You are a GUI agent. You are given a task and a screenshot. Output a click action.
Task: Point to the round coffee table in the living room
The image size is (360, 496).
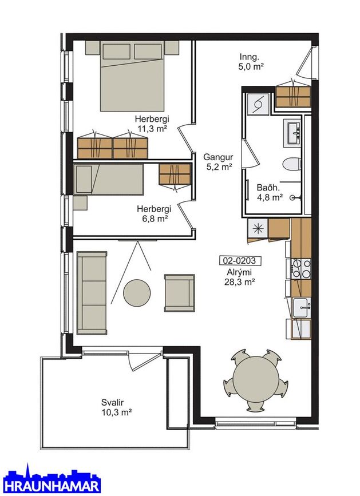[137, 292]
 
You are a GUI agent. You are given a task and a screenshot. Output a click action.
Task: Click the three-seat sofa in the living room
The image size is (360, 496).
[92, 293]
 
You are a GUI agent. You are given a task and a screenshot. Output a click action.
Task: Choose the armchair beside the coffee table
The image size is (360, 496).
[179, 293]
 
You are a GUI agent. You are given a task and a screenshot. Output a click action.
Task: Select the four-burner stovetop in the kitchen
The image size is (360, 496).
[302, 268]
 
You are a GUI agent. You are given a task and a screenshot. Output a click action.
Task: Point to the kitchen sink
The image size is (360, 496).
[302, 308]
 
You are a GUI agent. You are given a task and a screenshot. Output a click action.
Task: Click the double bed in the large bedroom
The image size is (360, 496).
[132, 76]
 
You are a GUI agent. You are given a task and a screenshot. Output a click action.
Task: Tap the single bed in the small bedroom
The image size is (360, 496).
[109, 179]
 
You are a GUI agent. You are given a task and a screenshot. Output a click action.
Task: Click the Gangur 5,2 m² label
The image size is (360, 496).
[218, 162]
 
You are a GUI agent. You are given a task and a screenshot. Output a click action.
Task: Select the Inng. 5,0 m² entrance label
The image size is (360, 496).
[251, 62]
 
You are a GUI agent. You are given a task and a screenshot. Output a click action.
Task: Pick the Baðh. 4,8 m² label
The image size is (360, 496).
[270, 192]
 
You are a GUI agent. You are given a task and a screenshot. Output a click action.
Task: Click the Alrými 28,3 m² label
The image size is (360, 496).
[240, 277]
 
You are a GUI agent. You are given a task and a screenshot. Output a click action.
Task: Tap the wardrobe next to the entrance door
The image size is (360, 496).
[292, 97]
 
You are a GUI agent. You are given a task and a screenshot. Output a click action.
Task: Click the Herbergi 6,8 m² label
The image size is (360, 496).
[154, 213]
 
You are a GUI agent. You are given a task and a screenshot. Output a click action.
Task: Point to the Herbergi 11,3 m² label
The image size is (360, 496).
[152, 124]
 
